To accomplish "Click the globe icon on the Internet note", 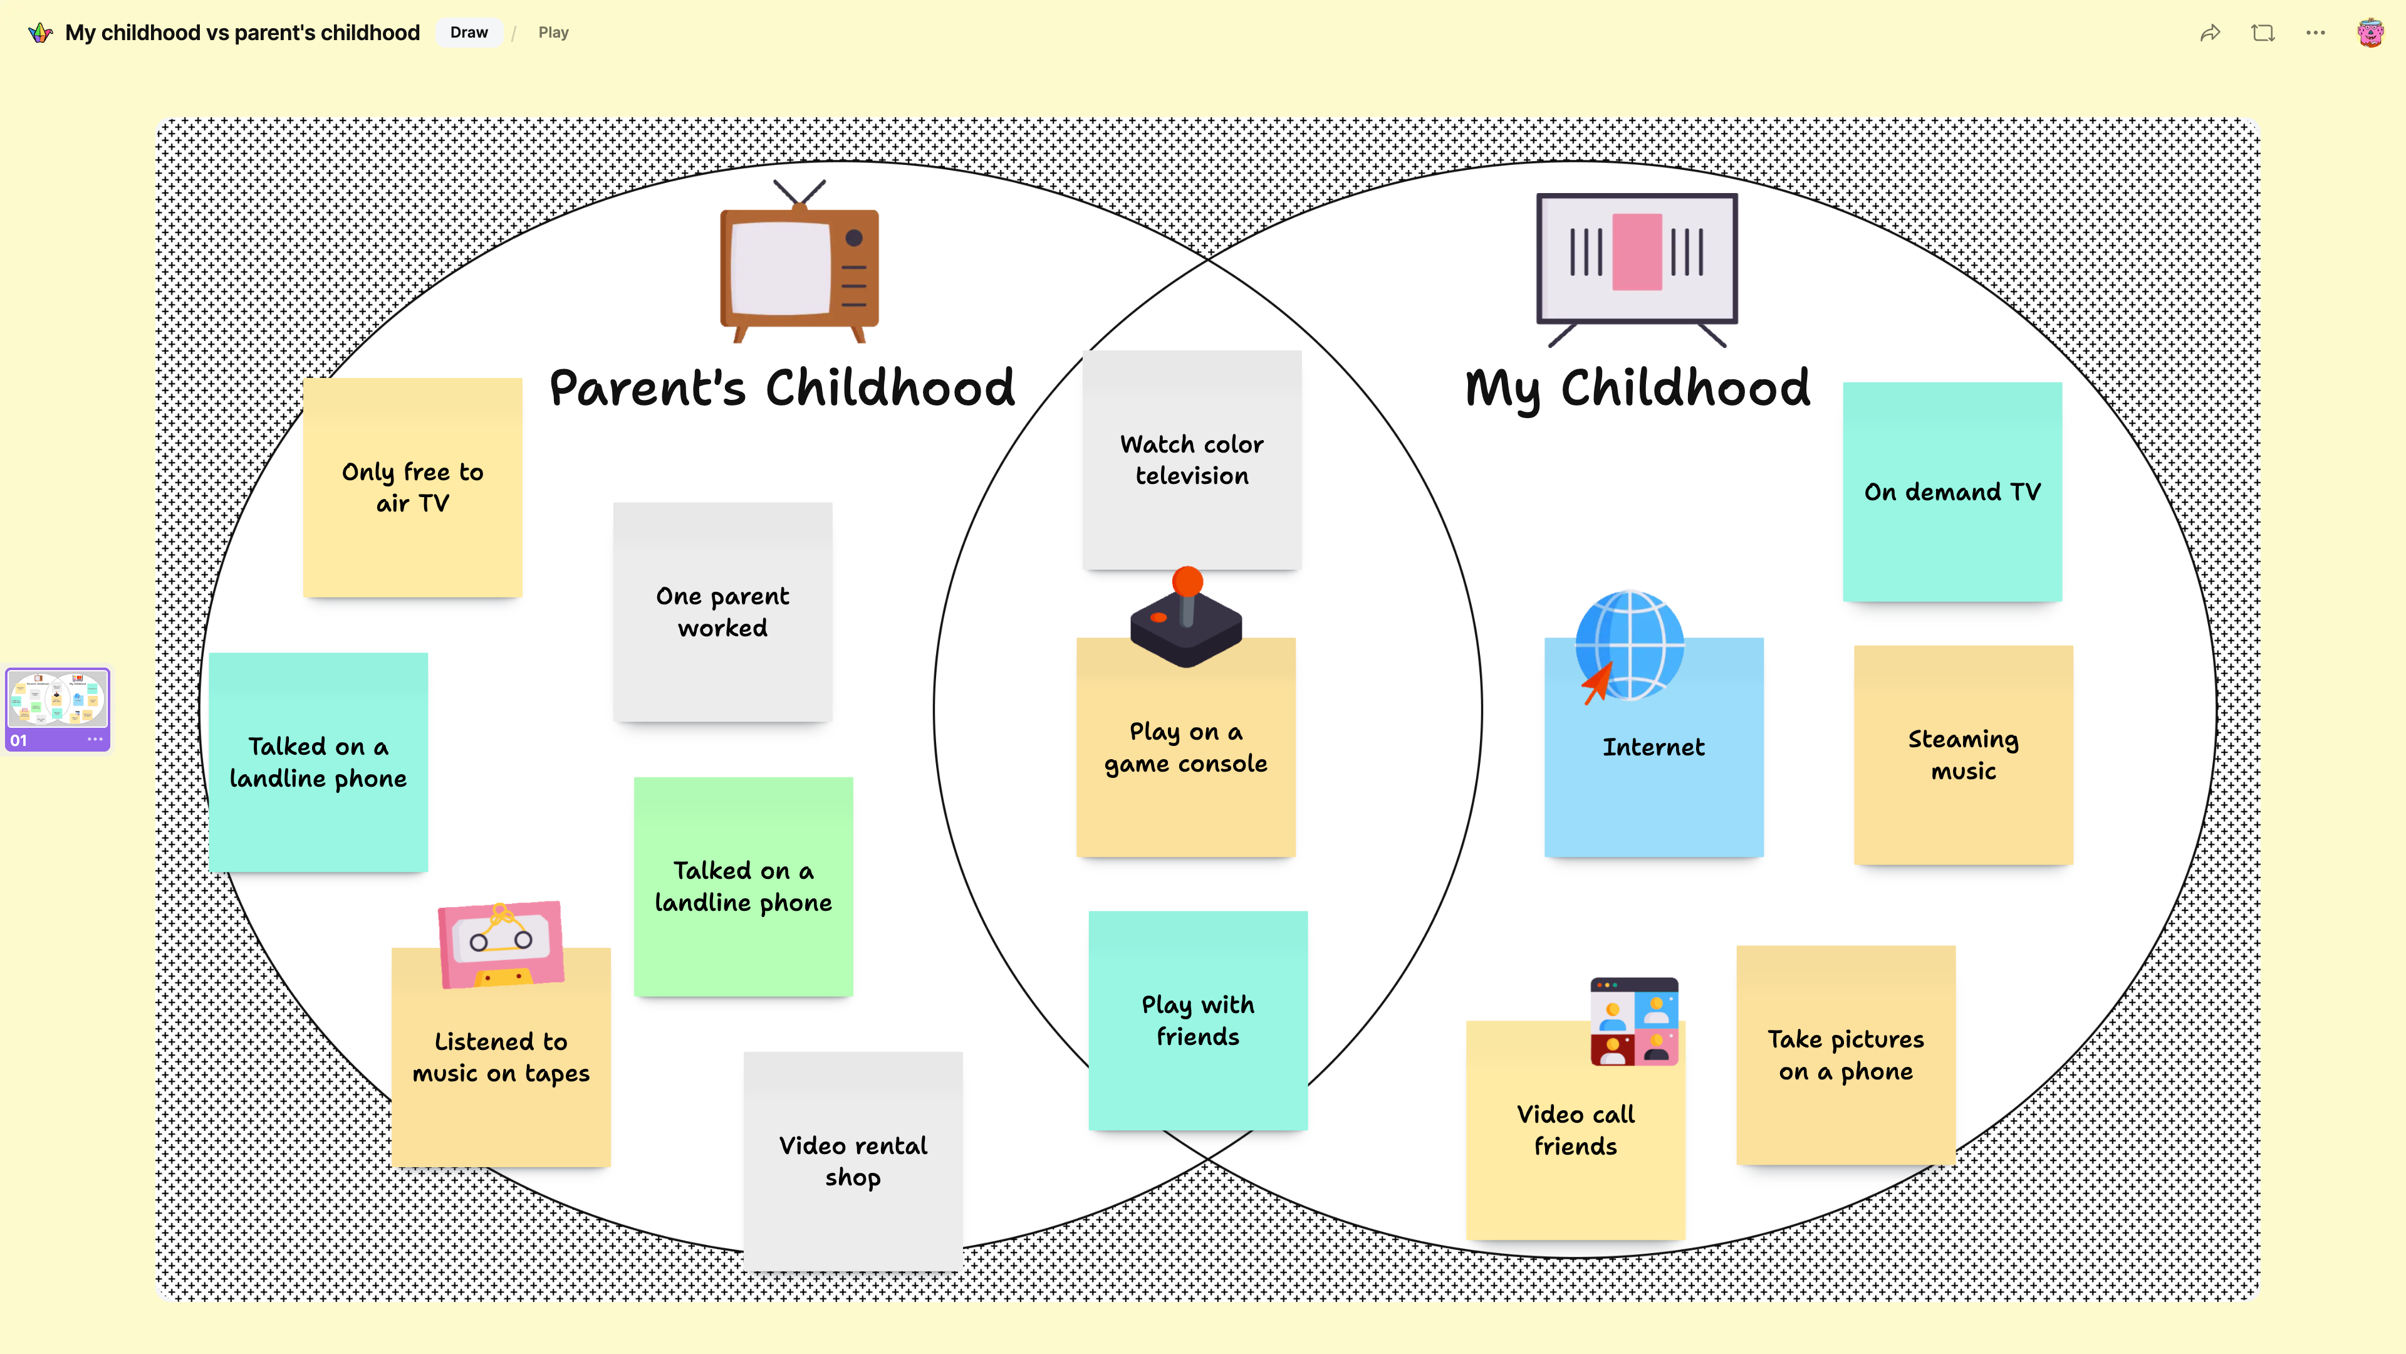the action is point(1630,646).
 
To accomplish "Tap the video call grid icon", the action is point(1635,1021).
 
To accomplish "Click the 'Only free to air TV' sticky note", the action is point(413,487).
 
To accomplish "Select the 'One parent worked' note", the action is point(723,612).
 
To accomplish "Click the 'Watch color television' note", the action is point(1192,459).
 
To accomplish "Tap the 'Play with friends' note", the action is point(1199,1021).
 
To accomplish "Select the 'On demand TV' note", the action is point(1952,491).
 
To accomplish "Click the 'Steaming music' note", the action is point(1963,755).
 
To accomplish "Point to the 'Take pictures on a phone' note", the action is point(1846,1055).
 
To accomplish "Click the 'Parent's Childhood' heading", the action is point(782,388).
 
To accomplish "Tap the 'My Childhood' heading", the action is point(1637,388).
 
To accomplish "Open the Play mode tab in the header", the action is point(553,33).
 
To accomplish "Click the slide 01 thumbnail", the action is point(58,709).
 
